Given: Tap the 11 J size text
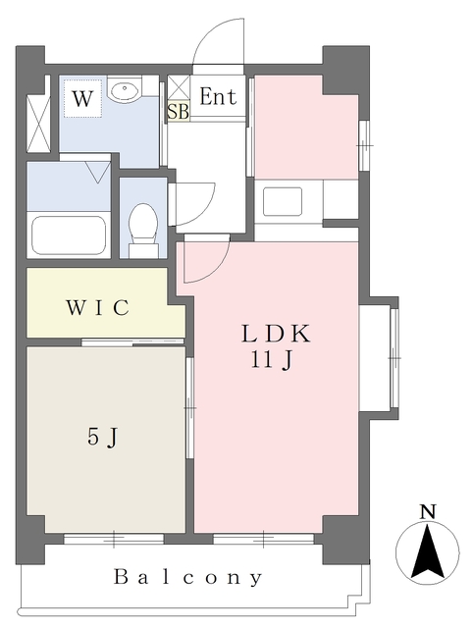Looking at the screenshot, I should [x=275, y=359].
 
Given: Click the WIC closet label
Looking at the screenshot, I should [x=98, y=308].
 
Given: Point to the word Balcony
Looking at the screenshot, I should [x=188, y=577].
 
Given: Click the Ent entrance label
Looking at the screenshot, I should [x=218, y=97].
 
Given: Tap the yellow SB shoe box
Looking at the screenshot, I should [x=178, y=111].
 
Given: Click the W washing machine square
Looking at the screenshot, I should [x=83, y=98].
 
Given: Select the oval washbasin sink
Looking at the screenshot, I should [x=125, y=92].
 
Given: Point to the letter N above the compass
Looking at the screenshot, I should [x=427, y=511].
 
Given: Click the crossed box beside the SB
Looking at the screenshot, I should [x=179, y=84].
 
